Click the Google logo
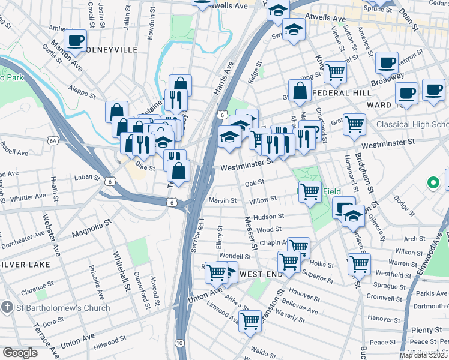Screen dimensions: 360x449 [20, 353]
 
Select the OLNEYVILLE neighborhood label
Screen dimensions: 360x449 [112, 50]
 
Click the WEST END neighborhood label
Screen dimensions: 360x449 [261, 274]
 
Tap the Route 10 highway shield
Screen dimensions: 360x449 [180, 342]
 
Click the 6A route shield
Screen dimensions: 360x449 [53, 140]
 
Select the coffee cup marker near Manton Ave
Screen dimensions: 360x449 [76, 40]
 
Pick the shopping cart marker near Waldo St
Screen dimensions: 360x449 [250, 320]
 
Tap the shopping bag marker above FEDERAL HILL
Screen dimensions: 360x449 [300, 91]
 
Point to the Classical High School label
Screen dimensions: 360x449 [412, 125]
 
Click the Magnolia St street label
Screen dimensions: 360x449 [92, 228]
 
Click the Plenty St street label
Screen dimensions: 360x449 [427, 330]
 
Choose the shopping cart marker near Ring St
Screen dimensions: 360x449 [335, 72]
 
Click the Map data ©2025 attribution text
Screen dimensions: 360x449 [423, 355]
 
